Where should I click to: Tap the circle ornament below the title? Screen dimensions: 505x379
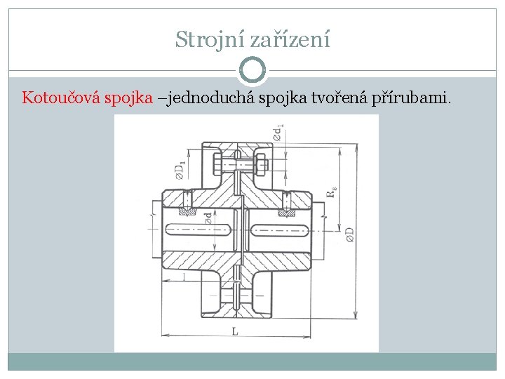pyautogui.click(x=252, y=70)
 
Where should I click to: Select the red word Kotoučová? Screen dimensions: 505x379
pyautogui.click(x=62, y=98)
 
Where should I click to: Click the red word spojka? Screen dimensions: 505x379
pyautogui.click(x=129, y=98)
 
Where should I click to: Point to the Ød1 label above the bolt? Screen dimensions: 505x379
pyautogui.click(x=280, y=133)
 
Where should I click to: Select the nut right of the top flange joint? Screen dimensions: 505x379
pyautogui.click(x=258, y=166)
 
